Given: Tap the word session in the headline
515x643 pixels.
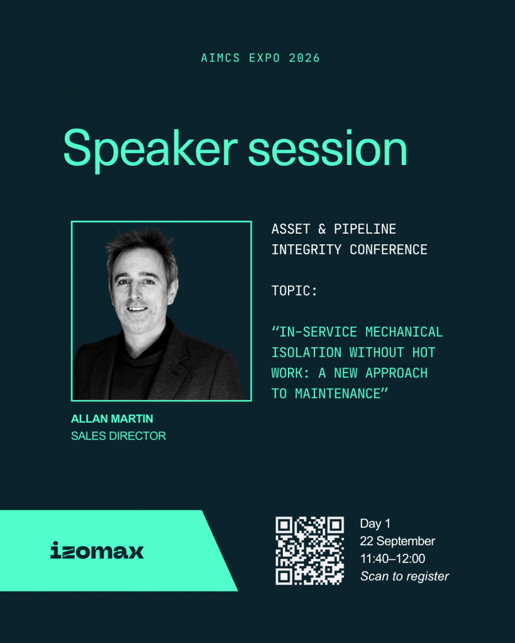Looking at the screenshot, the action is pos(328,148).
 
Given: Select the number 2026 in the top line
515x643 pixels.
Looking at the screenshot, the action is pos(304,58).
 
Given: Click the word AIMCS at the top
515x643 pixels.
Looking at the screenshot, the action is pos(221,58).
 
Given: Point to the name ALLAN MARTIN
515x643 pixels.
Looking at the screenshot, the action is pos(112,419).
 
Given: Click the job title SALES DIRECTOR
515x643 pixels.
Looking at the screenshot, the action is pos(119,436).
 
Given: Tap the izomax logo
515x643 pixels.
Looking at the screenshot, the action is pos(97,550).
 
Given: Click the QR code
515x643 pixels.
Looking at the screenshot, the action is pos(309,550).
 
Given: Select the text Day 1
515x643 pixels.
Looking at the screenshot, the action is pos(375,524).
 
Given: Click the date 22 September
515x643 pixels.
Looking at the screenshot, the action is pos(397,541).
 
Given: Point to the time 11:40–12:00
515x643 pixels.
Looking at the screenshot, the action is pos(392,558).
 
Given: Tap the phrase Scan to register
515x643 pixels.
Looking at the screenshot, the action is pos(405,576).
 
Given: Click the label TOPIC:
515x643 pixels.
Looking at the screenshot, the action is pos(294,291).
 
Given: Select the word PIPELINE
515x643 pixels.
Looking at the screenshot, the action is pos(365,229).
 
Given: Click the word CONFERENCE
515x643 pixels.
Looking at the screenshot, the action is pos(389,249).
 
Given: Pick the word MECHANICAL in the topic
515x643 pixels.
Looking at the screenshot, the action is pos(404,332).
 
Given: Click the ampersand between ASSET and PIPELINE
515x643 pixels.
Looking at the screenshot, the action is pos(322,229).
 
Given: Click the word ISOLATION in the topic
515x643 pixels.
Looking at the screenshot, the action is pos(306,353).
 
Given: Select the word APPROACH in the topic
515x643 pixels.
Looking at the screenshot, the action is pos(396,373).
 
